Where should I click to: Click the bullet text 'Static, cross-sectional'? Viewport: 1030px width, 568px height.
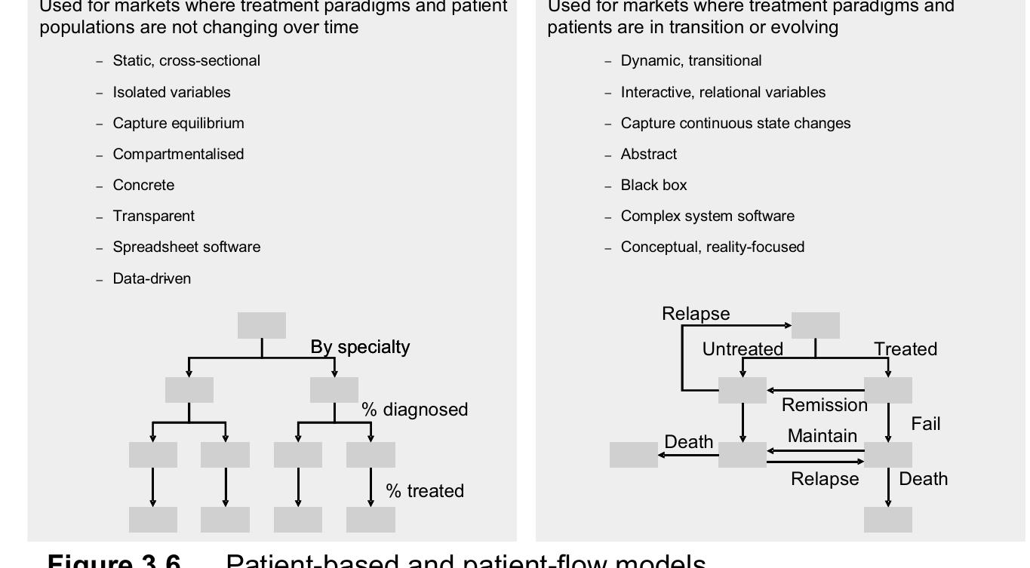pos(186,61)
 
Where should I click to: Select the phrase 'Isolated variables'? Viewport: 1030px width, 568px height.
pos(171,92)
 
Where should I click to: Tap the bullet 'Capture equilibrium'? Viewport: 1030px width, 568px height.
pos(178,123)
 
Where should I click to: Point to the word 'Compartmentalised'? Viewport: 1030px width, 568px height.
pos(178,154)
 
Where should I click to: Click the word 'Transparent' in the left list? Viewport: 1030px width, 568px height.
pos(153,216)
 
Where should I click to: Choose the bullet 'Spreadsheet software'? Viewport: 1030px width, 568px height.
pos(186,247)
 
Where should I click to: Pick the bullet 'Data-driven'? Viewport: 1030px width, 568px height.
pos(152,278)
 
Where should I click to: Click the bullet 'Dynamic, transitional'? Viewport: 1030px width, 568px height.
pos(690,61)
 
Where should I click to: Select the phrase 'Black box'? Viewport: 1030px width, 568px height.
pos(653,185)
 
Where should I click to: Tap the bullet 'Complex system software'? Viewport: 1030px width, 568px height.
pos(707,216)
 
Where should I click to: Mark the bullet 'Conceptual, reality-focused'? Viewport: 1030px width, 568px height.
pos(712,247)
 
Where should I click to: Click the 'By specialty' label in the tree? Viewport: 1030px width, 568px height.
pos(360,347)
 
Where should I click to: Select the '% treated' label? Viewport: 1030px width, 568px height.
pos(424,491)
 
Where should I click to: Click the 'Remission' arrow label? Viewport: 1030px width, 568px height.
pos(824,405)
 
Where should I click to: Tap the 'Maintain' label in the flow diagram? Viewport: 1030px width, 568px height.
pos(822,436)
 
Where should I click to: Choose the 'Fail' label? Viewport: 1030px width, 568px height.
pos(925,424)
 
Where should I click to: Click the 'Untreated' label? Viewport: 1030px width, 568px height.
pos(743,349)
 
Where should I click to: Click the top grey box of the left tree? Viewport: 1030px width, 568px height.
pos(262,325)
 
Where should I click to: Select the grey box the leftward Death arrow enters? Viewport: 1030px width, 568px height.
pos(633,455)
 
